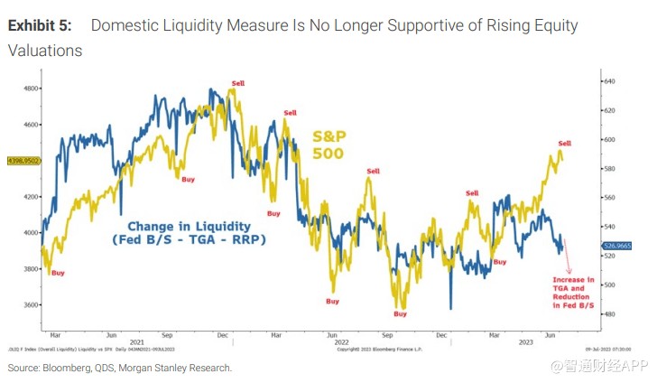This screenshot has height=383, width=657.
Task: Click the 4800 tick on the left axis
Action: pyautogui.click(x=32, y=89)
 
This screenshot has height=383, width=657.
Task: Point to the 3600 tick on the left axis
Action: pyautogui.click(x=32, y=305)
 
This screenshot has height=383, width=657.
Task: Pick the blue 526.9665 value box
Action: pyautogui.click(x=618, y=245)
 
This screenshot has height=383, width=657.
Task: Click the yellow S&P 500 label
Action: pyautogui.click(x=329, y=145)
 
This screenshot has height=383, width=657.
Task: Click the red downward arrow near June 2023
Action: pyautogui.click(x=569, y=263)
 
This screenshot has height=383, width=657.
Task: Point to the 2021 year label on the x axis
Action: pyautogui.click(x=136, y=341)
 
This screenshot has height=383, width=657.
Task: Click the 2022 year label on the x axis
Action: pyautogui.click(x=341, y=341)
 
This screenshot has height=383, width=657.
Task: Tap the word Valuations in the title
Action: pyautogui.click(x=45, y=51)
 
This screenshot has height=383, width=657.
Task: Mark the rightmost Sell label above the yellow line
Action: pyautogui.click(x=565, y=144)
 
